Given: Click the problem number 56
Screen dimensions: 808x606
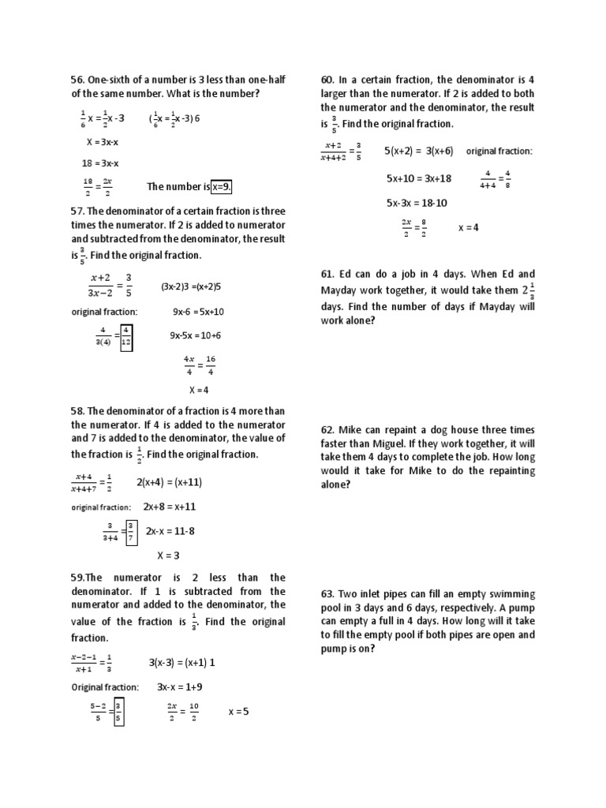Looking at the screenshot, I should click(77, 80).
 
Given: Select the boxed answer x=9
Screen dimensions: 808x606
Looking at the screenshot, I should click(222, 187).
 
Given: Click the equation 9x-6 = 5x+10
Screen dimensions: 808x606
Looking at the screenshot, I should click(198, 312).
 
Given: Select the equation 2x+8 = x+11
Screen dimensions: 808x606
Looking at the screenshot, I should click(169, 507).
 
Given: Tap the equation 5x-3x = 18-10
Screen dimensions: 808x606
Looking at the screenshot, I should click(417, 203).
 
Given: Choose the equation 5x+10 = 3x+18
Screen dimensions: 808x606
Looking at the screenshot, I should click(418, 178).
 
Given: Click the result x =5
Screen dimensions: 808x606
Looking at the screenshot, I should click(238, 711).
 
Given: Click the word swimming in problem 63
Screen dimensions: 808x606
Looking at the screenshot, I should click(514, 594).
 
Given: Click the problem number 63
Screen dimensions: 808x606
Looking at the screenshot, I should click(328, 594).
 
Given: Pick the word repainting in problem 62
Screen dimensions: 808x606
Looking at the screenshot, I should click(509, 470).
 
